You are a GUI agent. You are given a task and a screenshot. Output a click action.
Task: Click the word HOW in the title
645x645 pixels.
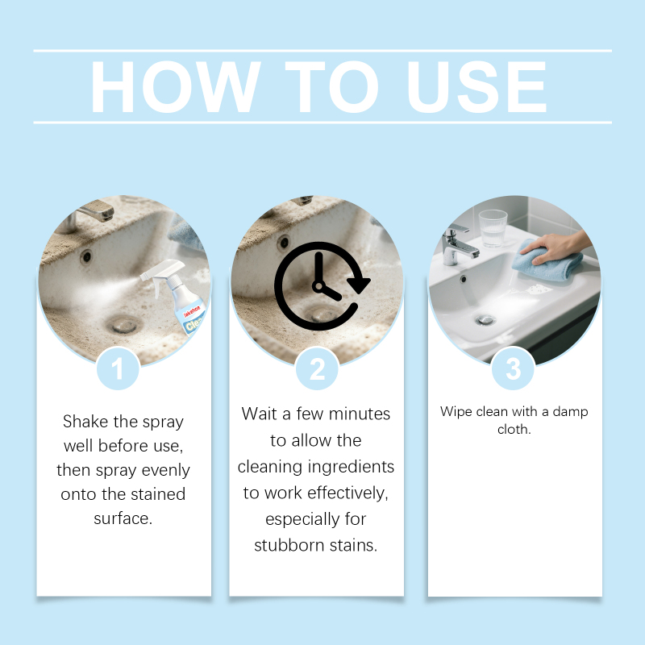(x=176, y=87)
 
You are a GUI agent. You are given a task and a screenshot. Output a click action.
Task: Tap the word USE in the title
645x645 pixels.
(x=476, y=87)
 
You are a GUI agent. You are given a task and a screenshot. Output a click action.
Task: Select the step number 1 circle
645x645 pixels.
(x=118, y=368)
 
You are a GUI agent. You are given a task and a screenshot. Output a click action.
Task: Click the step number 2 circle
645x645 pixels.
(x=317, y=368)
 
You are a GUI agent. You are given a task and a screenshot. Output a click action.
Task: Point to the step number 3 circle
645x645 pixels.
(x=513, y=368)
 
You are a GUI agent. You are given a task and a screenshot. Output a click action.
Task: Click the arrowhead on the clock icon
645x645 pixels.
(x=359, y=284)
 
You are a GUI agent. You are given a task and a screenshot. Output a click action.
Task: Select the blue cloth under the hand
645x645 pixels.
(x=547, y=263)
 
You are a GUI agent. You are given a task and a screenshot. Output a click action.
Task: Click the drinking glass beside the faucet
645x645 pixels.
(x=493, y=228)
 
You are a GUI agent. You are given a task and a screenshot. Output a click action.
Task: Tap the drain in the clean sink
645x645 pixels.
(x=485, y=319)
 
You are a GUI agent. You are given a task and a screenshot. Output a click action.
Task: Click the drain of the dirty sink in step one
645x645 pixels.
(x=124, y=325)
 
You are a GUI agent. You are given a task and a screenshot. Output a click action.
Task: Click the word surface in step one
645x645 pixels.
(x=123, y=518)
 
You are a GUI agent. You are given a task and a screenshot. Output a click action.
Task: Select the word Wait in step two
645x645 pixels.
(x=259, y=414)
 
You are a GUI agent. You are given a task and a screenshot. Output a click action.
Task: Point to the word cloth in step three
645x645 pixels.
(x=514, y=430)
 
